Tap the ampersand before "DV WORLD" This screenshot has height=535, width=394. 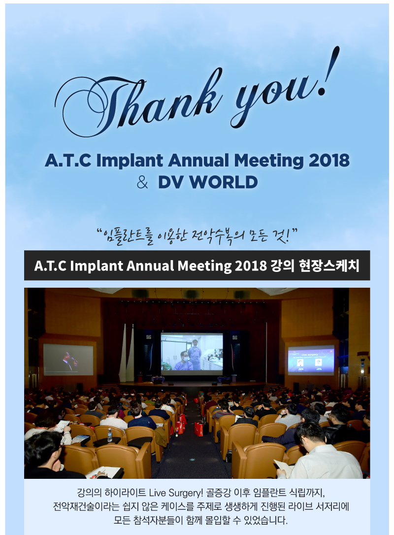(x=142, y=182)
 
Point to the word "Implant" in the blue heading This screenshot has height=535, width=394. (x=130, y=161)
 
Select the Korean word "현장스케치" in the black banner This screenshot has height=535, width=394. (x=329, y=266)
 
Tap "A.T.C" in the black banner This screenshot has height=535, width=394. (x=51, y=266)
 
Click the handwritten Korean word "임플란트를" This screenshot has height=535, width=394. (x=129, y=236)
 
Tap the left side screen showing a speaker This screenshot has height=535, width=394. (x=68, y=360)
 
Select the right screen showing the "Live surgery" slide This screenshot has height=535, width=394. (x=311, y=360)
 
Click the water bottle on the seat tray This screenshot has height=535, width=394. (x=109, y=435)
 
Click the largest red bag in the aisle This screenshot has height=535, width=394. (x=198, y=429)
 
